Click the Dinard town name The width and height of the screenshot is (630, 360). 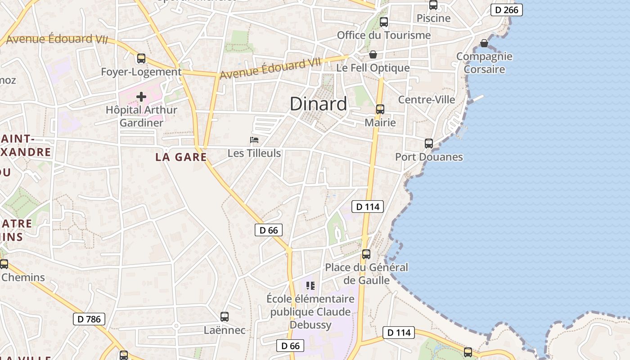[318, 104]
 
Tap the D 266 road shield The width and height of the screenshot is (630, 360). [506, 10]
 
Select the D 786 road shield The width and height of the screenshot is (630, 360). [89, 319]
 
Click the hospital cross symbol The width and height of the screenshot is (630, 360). [141, 97]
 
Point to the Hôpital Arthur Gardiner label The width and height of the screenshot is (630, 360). [141, 116]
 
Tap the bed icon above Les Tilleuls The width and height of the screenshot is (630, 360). [254, 140]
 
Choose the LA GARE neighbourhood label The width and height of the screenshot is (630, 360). [181, 157]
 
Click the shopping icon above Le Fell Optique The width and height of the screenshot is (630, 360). [373, 55]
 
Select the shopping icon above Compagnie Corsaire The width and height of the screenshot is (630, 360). [484, 43]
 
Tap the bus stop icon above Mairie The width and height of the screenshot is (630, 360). [380, 109]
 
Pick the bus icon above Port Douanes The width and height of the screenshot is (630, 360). [429, 144]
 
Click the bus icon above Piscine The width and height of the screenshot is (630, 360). [433, 5]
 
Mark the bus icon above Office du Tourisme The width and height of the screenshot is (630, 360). [384, 22]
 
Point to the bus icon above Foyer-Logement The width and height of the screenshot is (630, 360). [141, 58]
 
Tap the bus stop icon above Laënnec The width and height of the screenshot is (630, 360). [225, 317]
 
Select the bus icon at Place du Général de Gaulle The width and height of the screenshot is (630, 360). [366, 254]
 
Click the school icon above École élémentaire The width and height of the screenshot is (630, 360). [310, 286]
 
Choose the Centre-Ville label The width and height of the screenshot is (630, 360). [427, 99]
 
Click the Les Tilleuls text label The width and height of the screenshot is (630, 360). [254, 153]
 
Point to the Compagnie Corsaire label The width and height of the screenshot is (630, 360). [484, 63]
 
